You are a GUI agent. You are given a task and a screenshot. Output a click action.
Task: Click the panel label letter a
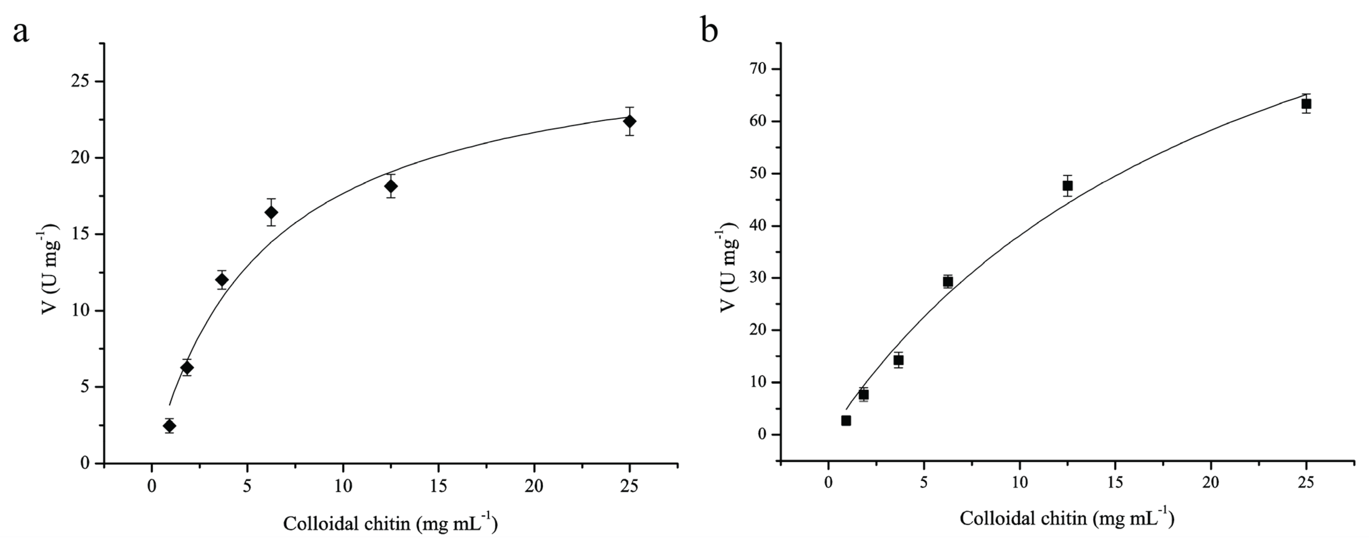coord(21,32)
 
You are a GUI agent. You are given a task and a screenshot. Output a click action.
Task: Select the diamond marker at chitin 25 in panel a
coord(630,121)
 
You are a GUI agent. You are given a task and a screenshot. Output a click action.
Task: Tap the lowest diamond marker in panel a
coord(169,426)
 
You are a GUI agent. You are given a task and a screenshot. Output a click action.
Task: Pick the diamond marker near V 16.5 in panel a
coord(271,212)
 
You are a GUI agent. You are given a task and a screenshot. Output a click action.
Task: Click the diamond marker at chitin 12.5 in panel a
coord(391,186)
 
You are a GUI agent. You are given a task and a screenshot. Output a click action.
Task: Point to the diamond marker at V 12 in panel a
coord(222,280)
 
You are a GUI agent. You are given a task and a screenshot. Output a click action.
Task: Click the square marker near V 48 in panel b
coord(1067,185)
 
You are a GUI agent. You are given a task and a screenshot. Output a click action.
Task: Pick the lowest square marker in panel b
coord(846,420)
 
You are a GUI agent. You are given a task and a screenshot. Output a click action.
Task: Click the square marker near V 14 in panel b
coord(898,360)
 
